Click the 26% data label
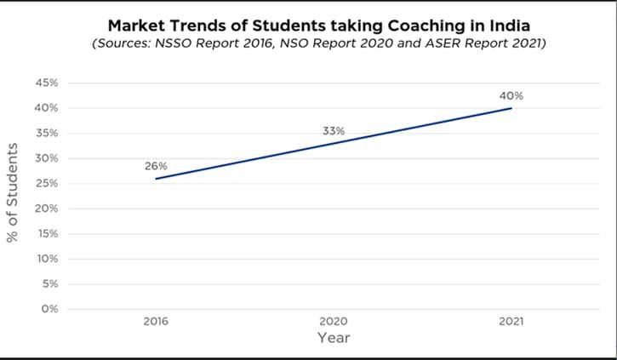tap(156, 166)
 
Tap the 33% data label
tap(334, 131)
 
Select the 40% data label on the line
tap(511, 95)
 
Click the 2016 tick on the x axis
tap(156, 322)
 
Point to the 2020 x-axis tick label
tap(334, 322)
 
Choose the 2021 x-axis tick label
tap(511, 322)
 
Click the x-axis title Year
tap(334, 339)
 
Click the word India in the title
tap(508, 26)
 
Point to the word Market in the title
tap(135, 26)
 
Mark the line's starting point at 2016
tap(156, 179)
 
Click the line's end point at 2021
tap(511, 108)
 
